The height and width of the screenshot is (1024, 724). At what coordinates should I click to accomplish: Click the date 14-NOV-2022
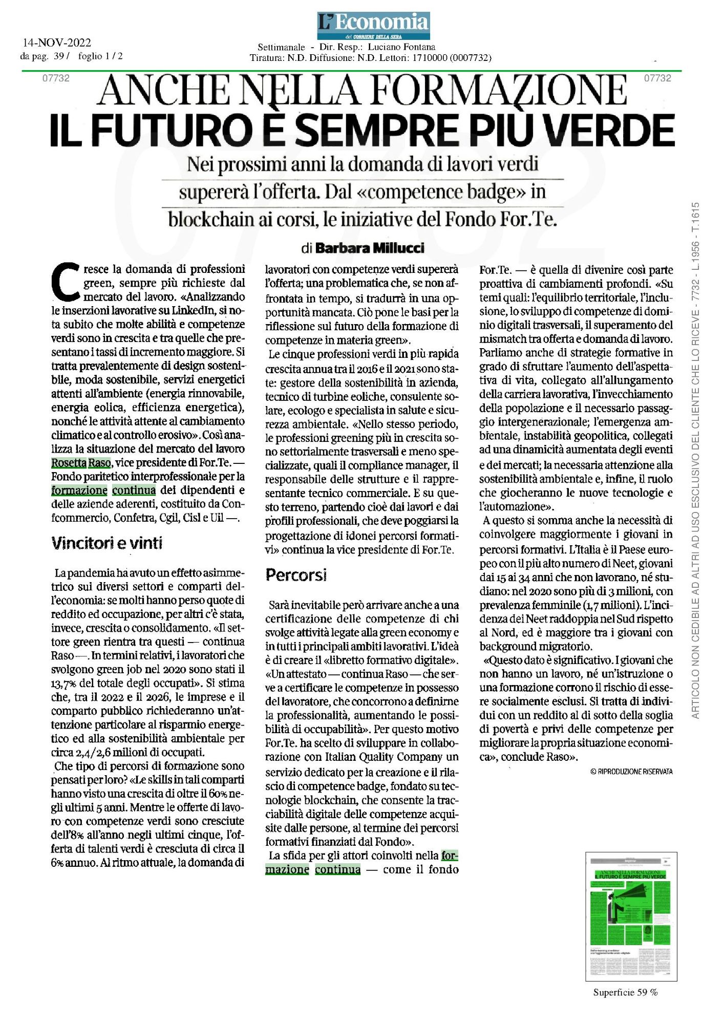pos(57,43)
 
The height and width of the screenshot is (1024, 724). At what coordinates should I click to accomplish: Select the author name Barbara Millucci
pos(370,248)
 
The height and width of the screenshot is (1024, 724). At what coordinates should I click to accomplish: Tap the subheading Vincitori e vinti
pos(107,543)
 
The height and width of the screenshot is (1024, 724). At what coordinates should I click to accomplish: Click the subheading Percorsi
pos(296,575)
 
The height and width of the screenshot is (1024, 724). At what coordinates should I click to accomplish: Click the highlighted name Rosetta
pos(69,463)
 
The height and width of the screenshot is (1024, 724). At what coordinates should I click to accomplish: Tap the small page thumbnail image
pos(631,916)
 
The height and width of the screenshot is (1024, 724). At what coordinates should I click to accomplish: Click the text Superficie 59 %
pos(625,992)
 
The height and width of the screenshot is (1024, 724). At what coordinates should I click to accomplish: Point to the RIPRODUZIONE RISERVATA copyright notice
pos(631,771)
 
